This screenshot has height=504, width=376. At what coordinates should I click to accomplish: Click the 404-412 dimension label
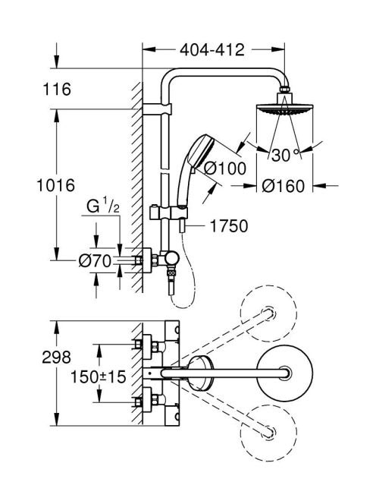212,50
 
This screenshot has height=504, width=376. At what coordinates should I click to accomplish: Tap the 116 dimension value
57,89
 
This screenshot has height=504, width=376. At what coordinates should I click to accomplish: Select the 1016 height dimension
56,185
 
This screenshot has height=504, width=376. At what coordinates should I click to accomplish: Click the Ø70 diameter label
95,261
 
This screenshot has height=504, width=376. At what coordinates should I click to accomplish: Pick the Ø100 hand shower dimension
225,169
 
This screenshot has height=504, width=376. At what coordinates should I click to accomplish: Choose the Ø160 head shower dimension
284,186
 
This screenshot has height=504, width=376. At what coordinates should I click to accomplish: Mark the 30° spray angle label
285,156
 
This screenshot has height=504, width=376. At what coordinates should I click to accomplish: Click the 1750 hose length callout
229,225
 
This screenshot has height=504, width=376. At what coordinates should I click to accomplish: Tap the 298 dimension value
57,357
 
